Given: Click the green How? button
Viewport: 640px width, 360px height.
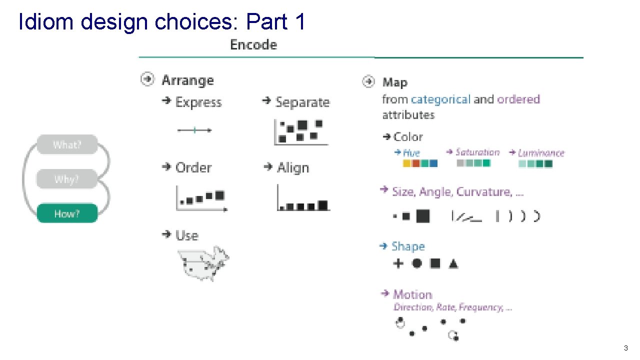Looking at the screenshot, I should point(67,213).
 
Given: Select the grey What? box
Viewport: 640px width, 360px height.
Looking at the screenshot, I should point(67,145).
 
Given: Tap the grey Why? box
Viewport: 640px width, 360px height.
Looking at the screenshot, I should point(67,179).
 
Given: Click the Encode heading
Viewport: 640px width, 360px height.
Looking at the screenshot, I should point(253,44).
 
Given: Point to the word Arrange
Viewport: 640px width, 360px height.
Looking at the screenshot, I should point(187,80).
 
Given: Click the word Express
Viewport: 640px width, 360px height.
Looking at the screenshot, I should point(198,102).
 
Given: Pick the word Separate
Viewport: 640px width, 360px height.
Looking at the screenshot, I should point(302,102).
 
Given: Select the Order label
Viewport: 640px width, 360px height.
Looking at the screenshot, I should point(193,167).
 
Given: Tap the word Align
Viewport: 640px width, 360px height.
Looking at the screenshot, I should point(293,167).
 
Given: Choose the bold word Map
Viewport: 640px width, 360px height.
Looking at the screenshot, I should point(394,82).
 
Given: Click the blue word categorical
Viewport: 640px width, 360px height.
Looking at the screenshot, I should point(440,99).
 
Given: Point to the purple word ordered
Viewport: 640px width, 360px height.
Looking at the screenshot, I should point(518,99).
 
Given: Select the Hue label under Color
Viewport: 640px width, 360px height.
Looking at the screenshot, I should point(411,153).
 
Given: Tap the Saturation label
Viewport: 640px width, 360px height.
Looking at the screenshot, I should point(477,152).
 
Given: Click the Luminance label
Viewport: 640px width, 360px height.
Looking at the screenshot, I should point(540,153).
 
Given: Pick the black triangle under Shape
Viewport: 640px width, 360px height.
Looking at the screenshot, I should point(453,263).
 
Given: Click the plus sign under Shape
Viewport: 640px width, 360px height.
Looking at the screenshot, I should point(398,263).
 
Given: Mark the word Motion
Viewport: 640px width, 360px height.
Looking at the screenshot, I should point(412,294).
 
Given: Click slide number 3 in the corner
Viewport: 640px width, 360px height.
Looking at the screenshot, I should point(625,348).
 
